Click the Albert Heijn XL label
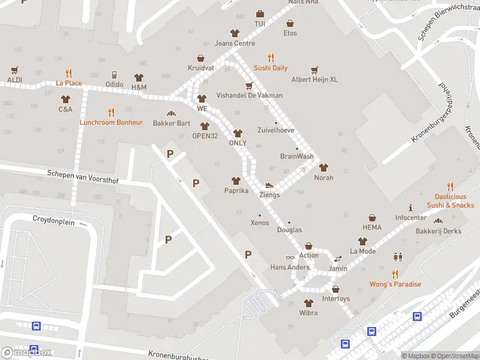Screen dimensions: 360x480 [x=314, y=79]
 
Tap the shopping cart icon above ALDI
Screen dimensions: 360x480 [x=15, y=70]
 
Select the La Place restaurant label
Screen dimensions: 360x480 [x=69, y=83]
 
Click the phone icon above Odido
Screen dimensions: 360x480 [x=115, y=75]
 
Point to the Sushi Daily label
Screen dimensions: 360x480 [x=271, y=68]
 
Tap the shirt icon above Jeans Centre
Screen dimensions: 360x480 [x=235, y=33]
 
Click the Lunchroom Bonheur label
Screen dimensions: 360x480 [x=111, y=122]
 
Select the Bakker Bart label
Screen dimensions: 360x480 [x=172, y=124]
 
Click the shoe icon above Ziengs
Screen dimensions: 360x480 [x=269, y=185]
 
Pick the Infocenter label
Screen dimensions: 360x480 [x=410, y=217]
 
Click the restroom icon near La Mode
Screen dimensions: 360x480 [x=397, y=257]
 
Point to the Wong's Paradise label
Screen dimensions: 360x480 [x=395, y=284]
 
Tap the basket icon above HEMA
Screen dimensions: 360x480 [x=372, y=218]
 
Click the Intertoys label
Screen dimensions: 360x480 [x=335, y=299]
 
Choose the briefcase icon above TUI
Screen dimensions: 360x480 [x=260, y=14]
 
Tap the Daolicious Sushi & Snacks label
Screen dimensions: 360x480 [x=450, y=201]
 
